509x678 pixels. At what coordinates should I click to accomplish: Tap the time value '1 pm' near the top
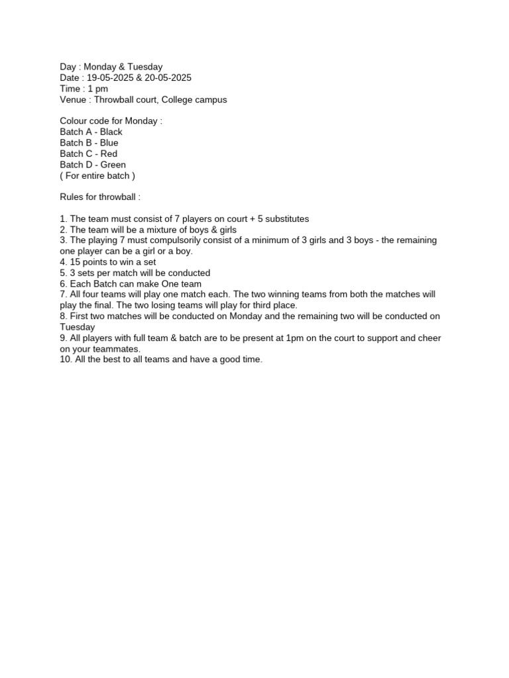(97, 89)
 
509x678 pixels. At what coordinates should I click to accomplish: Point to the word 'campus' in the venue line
(210, 99)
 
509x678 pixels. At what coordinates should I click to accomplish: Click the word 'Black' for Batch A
(111, 132)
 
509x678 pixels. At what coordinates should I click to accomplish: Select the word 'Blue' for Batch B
(109, 142)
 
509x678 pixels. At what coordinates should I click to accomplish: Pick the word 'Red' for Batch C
(109, 154)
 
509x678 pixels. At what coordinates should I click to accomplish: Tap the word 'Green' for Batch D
(113, 164)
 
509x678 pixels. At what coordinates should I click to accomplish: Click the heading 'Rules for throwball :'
(100, 197)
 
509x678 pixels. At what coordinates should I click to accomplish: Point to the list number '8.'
(64, 316)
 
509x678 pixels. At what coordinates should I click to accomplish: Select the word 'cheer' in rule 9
(429, 338)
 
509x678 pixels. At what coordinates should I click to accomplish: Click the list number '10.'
(66, 360)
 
